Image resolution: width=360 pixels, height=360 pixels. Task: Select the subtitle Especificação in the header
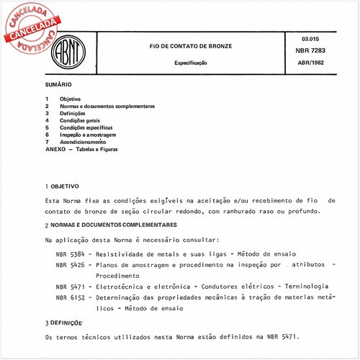(191, 63)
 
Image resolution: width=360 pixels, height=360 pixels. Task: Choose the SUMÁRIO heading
(58, 84)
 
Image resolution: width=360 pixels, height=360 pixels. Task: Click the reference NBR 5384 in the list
(70, 255)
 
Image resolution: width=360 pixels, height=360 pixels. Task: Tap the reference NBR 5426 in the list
(70, 265)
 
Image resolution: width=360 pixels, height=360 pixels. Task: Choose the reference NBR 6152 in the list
(70, 296)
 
